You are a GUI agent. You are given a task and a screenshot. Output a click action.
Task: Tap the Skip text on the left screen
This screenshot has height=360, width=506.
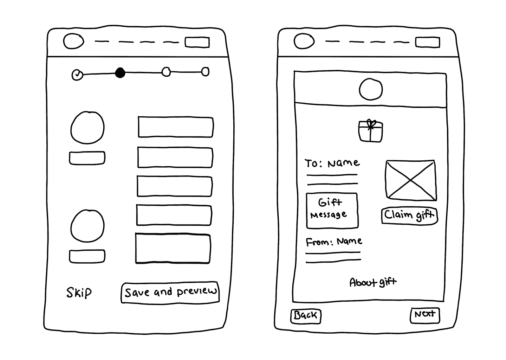tap(79, 292)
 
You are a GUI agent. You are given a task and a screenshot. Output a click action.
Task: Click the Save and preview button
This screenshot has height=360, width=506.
tap(170, 292)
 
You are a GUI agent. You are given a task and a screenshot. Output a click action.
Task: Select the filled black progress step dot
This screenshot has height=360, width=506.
tap(120, 73)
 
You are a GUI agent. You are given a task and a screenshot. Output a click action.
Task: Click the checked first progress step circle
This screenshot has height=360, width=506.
tap(77, 75)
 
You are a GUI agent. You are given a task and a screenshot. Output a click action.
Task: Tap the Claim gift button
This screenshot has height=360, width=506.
tap(409, 215)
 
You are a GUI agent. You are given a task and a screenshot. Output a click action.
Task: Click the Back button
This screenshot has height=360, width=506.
tap(306, 315)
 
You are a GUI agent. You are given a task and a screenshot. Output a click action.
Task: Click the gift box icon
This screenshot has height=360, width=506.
tap(370, 131)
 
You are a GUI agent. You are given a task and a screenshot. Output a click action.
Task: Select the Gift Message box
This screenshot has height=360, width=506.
tap(332, 211)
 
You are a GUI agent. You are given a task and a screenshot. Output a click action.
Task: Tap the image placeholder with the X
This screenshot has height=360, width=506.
tap(410, 180)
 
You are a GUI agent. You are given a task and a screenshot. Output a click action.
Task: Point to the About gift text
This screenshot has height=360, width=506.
tap(372, 282)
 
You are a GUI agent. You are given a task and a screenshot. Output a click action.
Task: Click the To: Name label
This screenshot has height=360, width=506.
tap(332, 163)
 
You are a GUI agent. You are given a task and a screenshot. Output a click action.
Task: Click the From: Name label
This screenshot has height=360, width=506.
tap(333, 242)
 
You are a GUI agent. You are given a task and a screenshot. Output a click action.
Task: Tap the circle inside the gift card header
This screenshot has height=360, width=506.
tap(371, 89)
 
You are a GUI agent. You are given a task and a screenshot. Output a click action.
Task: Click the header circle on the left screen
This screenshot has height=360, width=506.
tap(73, 41)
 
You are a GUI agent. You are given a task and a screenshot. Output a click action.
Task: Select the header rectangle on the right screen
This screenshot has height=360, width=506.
tap(427, 42)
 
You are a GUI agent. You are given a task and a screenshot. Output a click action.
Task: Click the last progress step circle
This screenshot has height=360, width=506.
tap(205, 72)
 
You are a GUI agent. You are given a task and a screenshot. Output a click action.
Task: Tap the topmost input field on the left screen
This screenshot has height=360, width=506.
tap(175, 127)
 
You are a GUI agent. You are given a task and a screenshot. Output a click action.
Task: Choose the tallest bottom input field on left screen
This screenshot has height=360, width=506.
tap(173, 248)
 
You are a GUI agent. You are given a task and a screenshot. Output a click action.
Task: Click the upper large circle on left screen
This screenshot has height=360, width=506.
tap(87, 128)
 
